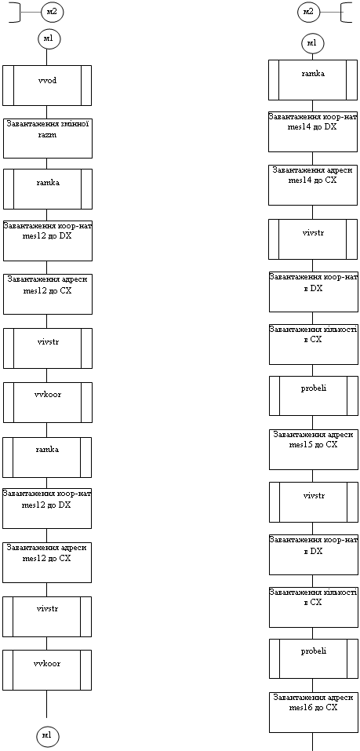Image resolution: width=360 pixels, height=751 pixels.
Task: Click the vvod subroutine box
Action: click(x=47, y=86)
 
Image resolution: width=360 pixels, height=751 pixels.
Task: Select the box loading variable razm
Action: click(x=47, y=138)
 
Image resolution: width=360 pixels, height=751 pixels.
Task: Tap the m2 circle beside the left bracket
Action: click(x=52, y=12)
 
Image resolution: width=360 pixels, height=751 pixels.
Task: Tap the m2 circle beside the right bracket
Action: click(x=308, y=12)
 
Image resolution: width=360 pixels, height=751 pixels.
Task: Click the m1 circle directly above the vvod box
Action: click(x=49, y=38)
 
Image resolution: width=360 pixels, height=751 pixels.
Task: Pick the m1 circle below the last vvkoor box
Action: click(x=48, y=735)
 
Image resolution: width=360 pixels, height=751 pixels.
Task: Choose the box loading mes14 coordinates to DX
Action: click(x=313, y=132)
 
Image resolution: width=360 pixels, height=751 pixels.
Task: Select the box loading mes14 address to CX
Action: click(x=313, y=185)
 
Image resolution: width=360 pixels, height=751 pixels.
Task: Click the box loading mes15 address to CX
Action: click(x=314, y=449)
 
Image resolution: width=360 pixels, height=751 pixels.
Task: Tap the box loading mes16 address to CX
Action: click(x=314, y=713)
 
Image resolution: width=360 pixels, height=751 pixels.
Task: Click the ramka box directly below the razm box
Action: click(x=47, y=189)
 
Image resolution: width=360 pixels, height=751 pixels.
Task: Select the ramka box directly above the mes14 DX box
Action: click(x=313, y=80)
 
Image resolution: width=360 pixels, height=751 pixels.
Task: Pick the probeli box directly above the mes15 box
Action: click(x=314, y=396)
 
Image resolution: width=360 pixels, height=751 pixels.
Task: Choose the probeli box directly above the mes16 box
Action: click(x=314, y=659)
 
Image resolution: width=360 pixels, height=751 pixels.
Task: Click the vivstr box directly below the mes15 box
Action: click(x=314, y=502)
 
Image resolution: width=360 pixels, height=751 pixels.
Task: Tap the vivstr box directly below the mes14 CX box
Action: click(x=313, y=239)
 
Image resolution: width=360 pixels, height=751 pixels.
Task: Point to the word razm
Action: click(x=47, y=135)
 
